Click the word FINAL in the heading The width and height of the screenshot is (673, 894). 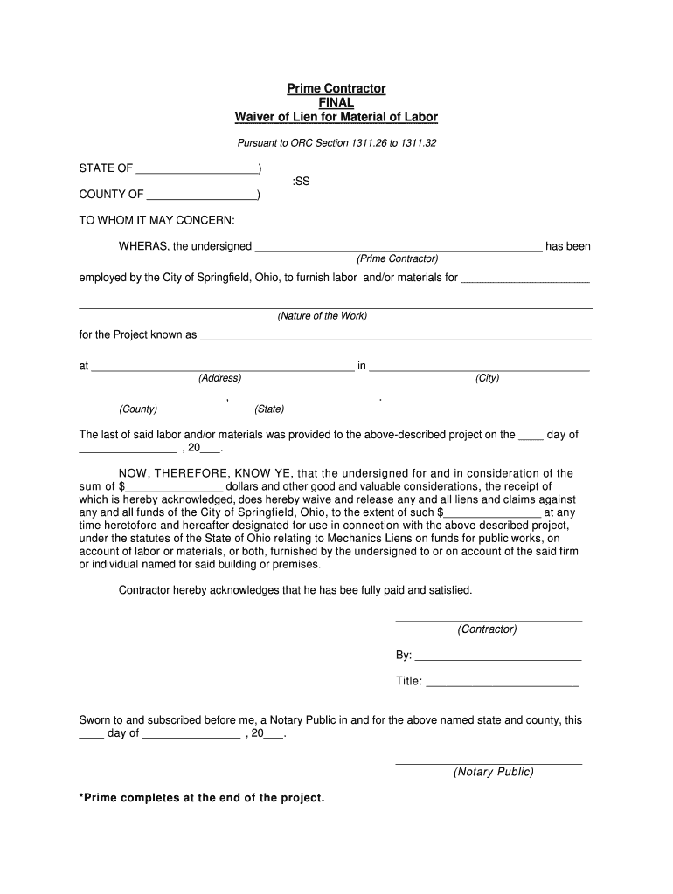point(336,103)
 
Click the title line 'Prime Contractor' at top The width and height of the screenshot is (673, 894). point(336,89)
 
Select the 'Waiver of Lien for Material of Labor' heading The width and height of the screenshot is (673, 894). point(336,117)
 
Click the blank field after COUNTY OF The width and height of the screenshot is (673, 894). point(202,194)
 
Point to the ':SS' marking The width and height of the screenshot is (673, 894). point(301,182)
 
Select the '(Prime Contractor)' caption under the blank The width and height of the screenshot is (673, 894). point(397,259)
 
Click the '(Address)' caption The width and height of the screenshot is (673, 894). point(219,378)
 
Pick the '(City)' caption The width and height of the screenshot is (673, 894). point(487,378)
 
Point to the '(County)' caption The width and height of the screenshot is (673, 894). point(138,409)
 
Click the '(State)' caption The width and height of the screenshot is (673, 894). point(268,409)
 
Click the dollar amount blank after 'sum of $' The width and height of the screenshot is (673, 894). point(176,487)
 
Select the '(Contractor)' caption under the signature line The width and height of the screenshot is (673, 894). point(488,629)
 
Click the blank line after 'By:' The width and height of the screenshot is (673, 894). point(497,657)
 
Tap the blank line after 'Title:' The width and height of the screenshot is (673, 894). point(503,682)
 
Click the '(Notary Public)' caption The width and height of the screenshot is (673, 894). point(493,772)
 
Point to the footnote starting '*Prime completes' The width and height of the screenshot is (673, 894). point(202,798)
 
